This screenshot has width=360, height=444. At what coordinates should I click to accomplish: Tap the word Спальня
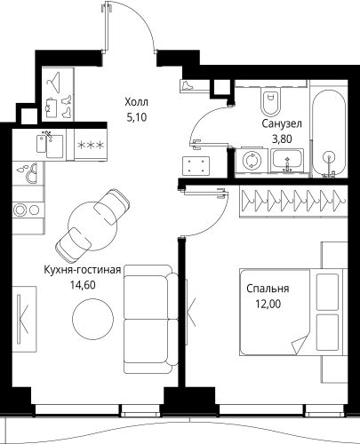[x=268, y=289]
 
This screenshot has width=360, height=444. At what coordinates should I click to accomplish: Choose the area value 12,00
[x=268, y=304]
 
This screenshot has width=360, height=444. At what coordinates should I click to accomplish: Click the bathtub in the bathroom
[x=330, y=133]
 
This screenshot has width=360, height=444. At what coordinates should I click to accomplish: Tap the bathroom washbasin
[x=286, y=161]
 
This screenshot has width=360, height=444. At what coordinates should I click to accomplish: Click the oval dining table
[x=94, y=218]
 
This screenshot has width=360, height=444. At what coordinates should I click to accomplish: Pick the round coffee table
[x=91, y=315]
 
